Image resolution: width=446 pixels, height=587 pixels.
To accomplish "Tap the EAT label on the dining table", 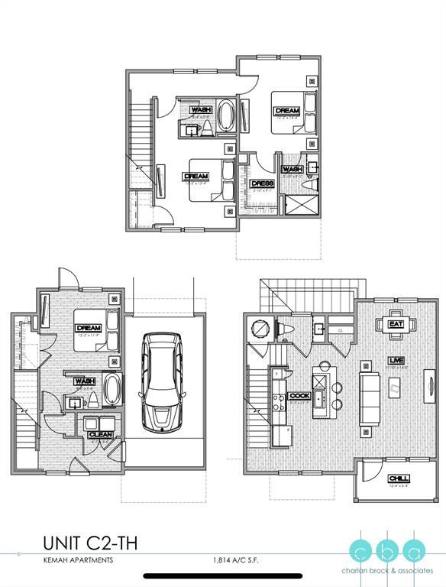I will tap(396, 324).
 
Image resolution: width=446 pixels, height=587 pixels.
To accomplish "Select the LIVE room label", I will tap(396, 359).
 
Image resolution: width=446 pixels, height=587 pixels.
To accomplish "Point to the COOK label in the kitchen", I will tap(299, 395).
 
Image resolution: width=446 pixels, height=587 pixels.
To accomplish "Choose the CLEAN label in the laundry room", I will tap(99, 433).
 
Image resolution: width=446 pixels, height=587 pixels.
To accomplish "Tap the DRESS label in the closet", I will tap(263, 184).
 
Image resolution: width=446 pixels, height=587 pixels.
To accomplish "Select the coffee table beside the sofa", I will tap(396, 389).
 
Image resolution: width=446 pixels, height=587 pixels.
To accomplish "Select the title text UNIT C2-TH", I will tap(90, 544).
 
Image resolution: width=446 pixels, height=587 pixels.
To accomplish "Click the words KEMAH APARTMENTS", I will tap(78, 560).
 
